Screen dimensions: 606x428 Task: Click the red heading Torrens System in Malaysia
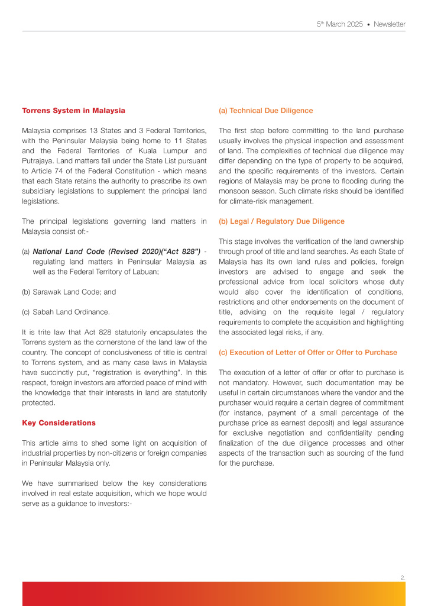point(73,111)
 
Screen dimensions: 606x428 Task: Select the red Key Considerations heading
point(59,423)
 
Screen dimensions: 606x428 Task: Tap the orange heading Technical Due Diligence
point(266,111)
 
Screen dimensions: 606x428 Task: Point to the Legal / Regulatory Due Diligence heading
point(281,221)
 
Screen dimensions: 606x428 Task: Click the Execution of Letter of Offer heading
point(307,352)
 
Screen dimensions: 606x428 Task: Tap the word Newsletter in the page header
point(390,24)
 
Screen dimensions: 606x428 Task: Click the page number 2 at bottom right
point(403,576)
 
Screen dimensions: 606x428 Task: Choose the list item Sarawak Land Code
point(67,292)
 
